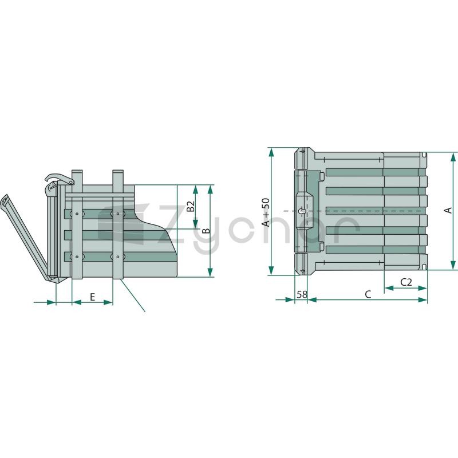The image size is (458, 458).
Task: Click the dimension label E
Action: coord(92,297)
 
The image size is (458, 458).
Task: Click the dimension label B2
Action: coord(191,206)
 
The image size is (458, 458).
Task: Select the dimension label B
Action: coord(206,231)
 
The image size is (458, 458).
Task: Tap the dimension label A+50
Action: coord(266,212)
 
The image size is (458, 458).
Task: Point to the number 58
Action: coord(302,294)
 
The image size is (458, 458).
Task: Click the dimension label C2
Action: coord(406,282)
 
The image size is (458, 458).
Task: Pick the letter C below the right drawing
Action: coord(368,294)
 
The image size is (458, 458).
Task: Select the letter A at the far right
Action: coord(448,210)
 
